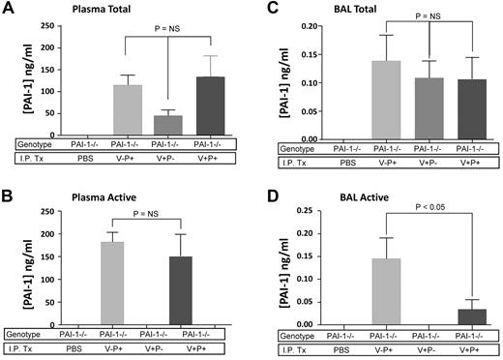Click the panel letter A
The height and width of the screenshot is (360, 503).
pos(8,9)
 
